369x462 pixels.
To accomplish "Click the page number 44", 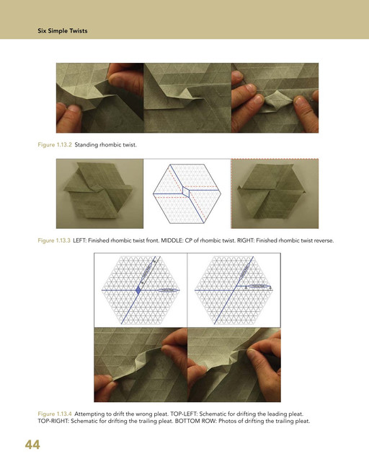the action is point(32,445).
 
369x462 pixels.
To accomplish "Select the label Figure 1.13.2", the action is point(55,144).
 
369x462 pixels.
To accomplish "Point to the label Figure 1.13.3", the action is point(54,240).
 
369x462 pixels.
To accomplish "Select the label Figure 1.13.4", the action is point(55,414).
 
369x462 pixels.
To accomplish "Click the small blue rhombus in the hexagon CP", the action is point(186,191).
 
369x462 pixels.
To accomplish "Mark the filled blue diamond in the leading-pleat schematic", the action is point(138,290).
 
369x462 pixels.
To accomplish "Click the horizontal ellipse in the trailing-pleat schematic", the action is point(258,286).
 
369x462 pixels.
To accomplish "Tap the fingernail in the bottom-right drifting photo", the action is point(251,352).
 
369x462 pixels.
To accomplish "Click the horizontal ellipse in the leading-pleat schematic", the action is point(168,290).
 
